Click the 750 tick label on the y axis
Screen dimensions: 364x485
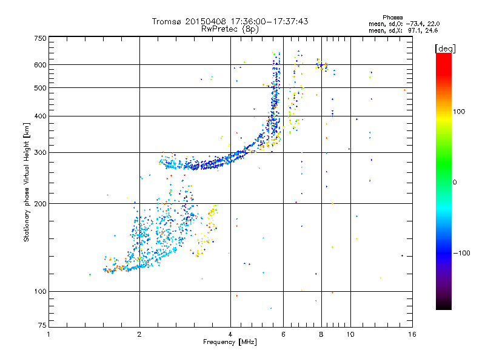(40, 38)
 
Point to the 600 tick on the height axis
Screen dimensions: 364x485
(40, 64)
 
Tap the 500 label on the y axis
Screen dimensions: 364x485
(40, 87)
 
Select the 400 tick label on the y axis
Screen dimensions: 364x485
(40, 116)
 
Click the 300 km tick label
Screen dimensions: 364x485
(40, 152)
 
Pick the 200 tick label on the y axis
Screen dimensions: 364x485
(40, 203)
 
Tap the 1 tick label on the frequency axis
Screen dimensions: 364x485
(48, 334)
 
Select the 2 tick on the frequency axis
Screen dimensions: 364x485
(139, 334)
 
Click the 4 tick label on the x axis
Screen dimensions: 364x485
(230, 334)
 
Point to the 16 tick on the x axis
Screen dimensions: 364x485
(411, 334)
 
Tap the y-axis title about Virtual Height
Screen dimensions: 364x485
(27, 182)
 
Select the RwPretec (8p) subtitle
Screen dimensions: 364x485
(230, 29)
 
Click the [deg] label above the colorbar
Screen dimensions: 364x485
(445, 48)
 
